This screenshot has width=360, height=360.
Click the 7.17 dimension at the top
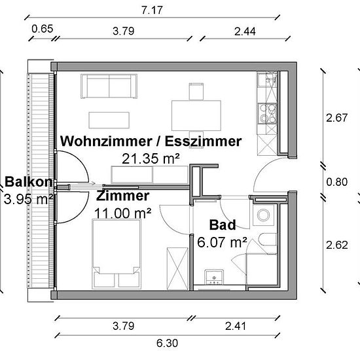tap(152, 10)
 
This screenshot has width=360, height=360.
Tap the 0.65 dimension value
tap(43, 29)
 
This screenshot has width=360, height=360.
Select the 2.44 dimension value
tap(245, 31)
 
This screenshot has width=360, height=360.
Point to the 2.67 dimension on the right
tap(337, 118)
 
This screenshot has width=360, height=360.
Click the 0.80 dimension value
tap(337, 182)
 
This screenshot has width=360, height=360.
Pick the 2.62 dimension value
tap(337, 245)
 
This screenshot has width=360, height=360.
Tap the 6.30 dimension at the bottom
tap(167, 344)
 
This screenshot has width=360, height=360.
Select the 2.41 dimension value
tap(236, 326)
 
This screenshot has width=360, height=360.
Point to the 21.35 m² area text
tap(151, 158)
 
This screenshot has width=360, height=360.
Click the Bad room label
tap(223, 225)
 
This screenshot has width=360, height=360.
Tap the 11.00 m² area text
tap(122, 213)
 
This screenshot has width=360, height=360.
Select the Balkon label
tap(28, 181)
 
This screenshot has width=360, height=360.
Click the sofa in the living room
tap(109, 86)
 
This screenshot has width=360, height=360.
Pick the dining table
tap(196, 115)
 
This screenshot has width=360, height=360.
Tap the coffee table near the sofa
tap(109, 120)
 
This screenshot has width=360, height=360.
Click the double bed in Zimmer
tap(116, 254)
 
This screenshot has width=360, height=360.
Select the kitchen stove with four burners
tap(267, 114)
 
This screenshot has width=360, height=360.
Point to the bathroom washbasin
tap(214, 277)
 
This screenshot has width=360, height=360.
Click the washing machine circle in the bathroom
tap(263, 215)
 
